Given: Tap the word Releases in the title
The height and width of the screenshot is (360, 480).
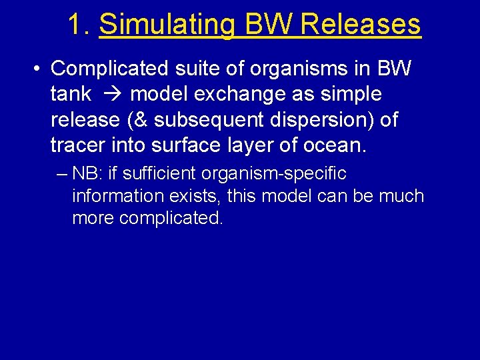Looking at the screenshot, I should [x=361, y=25].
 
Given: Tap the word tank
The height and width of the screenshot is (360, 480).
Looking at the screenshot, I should [x=71, y=94].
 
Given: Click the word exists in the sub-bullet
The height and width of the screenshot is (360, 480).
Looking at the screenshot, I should [x=196, y=196].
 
